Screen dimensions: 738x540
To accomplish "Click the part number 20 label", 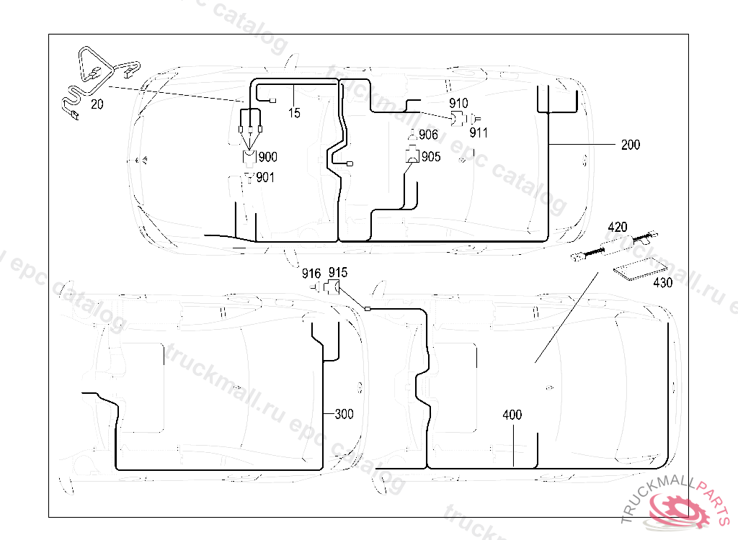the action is pos(97,104).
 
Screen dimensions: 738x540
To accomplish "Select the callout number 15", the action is pos(294,113).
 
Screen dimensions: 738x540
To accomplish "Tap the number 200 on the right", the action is pos(630,145).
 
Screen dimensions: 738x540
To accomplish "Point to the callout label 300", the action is pos(344,414).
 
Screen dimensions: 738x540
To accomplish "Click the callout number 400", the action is pos(512,415).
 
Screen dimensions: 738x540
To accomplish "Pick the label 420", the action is pos(618,228).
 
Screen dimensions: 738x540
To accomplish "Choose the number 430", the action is pos(662,283).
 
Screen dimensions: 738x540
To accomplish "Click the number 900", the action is pos(267,157).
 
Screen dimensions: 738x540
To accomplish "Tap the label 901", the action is pos(265,177).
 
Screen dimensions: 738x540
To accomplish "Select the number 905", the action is pos(431,157).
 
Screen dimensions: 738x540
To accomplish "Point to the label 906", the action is pos(428,135).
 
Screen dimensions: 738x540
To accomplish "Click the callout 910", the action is pos(458,104).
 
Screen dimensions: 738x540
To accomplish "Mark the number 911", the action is pos(479,132).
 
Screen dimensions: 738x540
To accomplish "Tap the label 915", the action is pos(337,273).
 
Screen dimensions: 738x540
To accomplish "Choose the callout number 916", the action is pos(311,273).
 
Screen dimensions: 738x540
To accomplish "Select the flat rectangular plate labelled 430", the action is pos(635,271).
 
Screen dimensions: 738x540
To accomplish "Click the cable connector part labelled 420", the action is pos(613,246).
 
